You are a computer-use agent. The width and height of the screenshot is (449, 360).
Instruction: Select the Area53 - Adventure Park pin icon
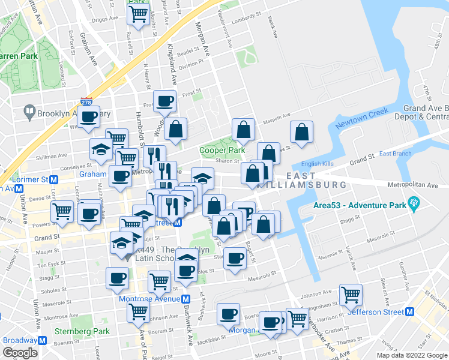tap(414, 204)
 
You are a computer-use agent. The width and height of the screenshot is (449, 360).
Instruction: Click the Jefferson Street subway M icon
tap(410, 312)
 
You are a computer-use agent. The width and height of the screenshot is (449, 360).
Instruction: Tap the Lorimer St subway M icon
tap(54, 179)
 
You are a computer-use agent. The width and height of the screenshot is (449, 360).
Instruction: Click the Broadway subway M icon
tap(43, 340)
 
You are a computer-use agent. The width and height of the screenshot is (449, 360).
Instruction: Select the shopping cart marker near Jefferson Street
tap(351, 295)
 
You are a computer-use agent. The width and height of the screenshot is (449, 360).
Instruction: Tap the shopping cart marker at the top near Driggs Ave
tap(139, 14)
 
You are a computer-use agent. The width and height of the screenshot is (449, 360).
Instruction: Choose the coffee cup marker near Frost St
tap(164, 101)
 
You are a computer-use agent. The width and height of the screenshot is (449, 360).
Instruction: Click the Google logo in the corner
tap(20, 353)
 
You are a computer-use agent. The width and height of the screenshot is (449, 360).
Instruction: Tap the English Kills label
tap(319, 163)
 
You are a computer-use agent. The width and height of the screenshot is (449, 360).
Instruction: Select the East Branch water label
tap(395, 154)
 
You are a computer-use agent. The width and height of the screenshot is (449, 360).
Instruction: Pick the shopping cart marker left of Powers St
tap(62, 211)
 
